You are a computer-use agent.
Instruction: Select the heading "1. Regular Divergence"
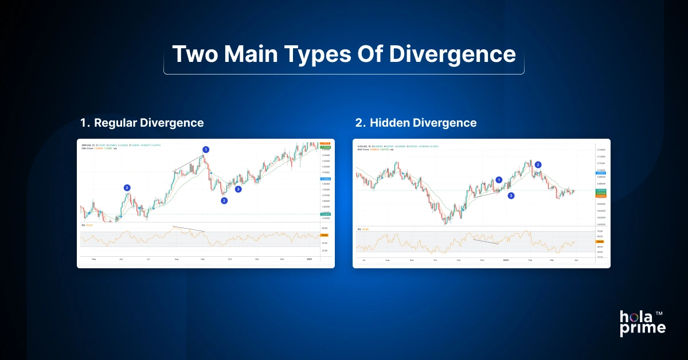pyautogui.click(x=142, y=123)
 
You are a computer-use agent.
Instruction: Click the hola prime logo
pyautogui.click(x=642, y=322)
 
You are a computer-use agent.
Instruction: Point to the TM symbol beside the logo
pyautogui.click(x=659, y=314)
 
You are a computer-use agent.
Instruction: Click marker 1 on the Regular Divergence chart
pyautogui.click(x=206, y=149)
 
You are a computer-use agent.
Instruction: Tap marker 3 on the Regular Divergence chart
pyautogui.click(x=238, y=189)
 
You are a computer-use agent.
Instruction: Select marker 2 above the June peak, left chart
pyautogui.click(x=127, y=187)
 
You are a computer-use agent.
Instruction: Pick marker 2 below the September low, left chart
pyautogui.click(x=224, y=200)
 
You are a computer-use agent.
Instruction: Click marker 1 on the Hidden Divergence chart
pyautogui.click(x=499, y=179)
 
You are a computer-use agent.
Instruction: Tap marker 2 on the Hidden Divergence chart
pyautogui.click(x=538, y=165)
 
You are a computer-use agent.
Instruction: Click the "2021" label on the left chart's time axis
pyautogui.click(x=310, y=259)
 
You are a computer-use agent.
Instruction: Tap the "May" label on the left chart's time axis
pyautogui.click(x=94, y=259)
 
